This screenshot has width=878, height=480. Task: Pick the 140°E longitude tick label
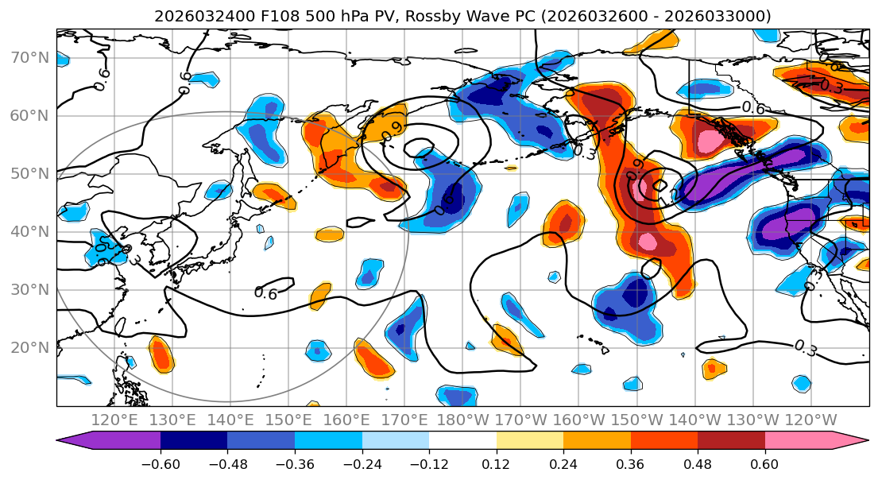tap(230, 420)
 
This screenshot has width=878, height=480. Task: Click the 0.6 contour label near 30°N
tap(265, 293)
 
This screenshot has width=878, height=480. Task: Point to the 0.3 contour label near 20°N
tap(805, 346)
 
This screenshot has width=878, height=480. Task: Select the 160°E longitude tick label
tap(346, 420)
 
